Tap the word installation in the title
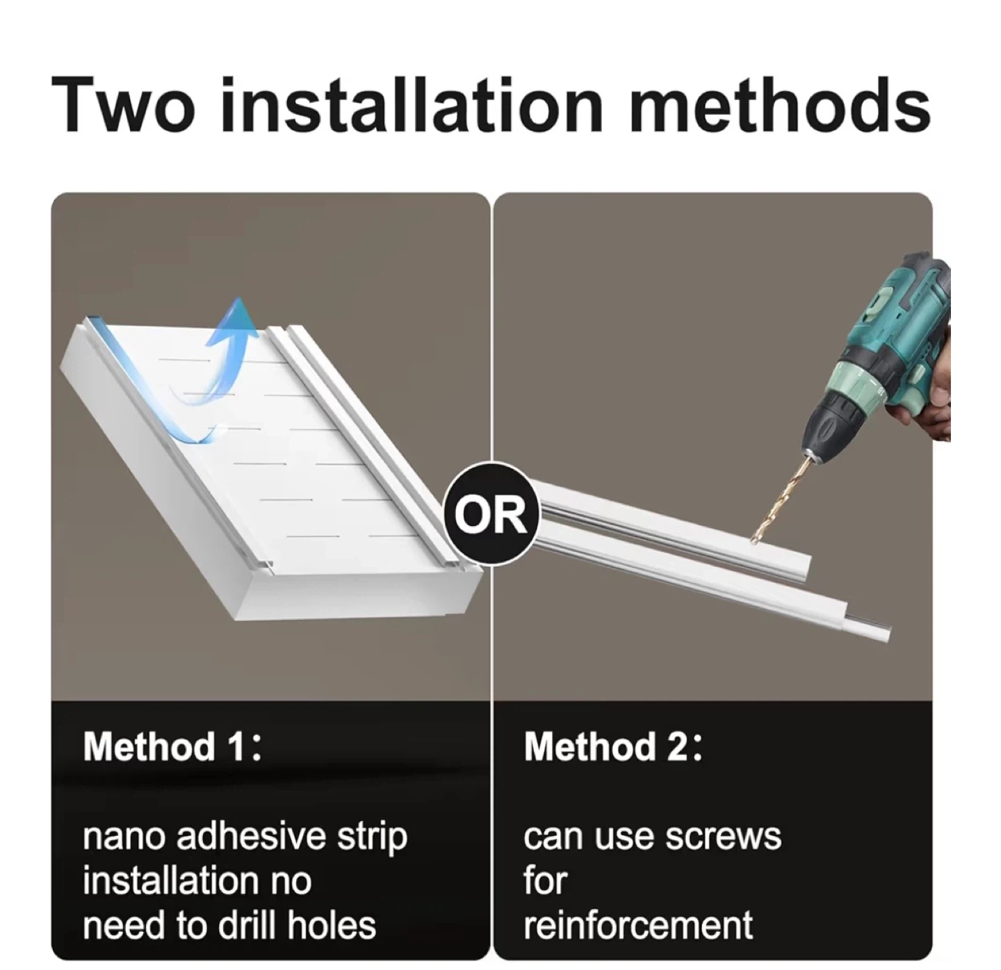(412, 104)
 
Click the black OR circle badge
(491, 514)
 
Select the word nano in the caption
(124, 839)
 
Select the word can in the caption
(554, 839)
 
